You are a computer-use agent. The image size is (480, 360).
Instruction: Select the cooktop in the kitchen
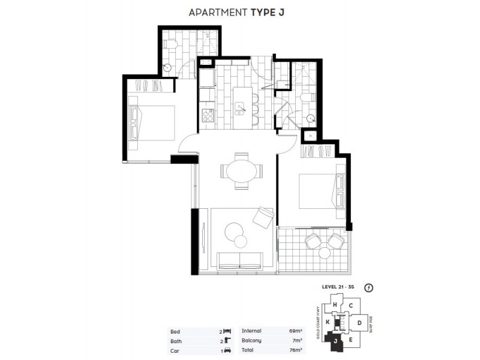pyautogui.click(x=207, y=115)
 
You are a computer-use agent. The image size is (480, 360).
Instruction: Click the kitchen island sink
pyautogui.click(x=241, y=109)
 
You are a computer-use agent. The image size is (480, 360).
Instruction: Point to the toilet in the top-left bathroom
pyautogui.click(x=172, y=43)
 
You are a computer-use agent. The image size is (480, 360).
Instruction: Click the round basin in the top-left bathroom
pyautogui.click(x=169, y=68)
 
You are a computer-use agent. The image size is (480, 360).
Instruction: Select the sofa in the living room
pyautogui.click(x=239, y=260)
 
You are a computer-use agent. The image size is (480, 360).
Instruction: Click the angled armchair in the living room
pyautogui.click(x=263, y=217)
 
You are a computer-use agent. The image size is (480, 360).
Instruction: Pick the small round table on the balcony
pyautogui.click(x=325, y=253)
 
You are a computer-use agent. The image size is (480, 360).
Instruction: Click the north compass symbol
pyautogui.click(x=368, y=287)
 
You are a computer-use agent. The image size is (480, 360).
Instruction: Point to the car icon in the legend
pyautogui.click(x=227, y=350)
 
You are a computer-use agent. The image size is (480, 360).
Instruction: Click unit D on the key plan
pyautogui.click(x=359, y=323)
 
